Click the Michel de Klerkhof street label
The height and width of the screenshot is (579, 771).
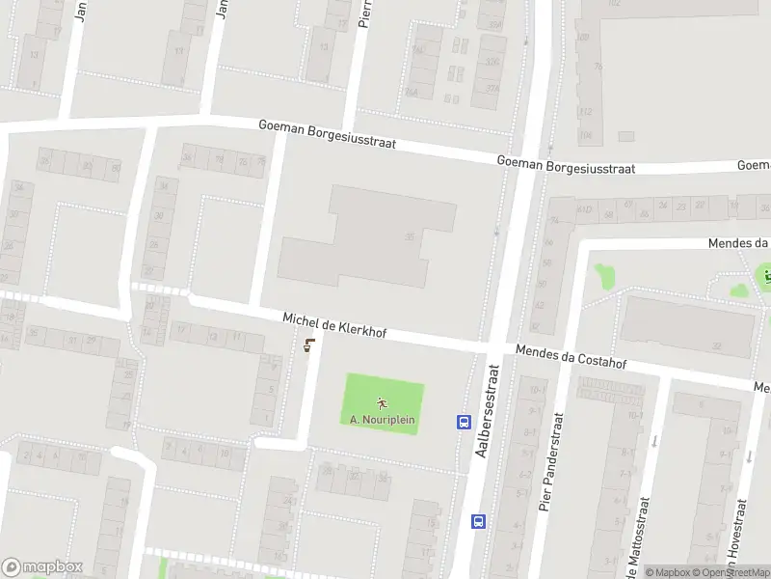click(x=334, y=324)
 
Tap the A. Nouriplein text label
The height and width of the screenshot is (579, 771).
click(x=383, y=420)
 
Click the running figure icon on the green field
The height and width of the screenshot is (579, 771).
click(x=383, y=403)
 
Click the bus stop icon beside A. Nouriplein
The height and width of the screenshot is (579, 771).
click(x=463, y=422)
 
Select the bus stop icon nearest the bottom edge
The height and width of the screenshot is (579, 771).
click(x=478, y=521)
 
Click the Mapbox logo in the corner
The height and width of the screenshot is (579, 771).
click(x=42, y=566)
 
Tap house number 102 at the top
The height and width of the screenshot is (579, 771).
click(x=613, y=4)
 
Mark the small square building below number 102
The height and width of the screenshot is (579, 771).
click(x=626, y=137)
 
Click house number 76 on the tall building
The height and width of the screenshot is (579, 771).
click(x=598, y=66)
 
